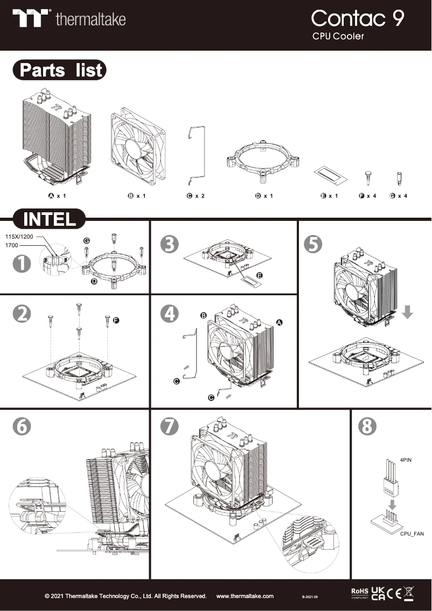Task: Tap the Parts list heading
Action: tap(60, 71)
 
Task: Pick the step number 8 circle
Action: tap(367, 426)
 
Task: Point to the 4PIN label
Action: tap(407, 461)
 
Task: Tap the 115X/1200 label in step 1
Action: tap(19, 237)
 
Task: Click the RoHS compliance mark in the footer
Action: tap(359, 593)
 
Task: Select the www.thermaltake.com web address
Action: tap(245, 596)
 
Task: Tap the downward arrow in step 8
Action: tap(394, 505)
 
